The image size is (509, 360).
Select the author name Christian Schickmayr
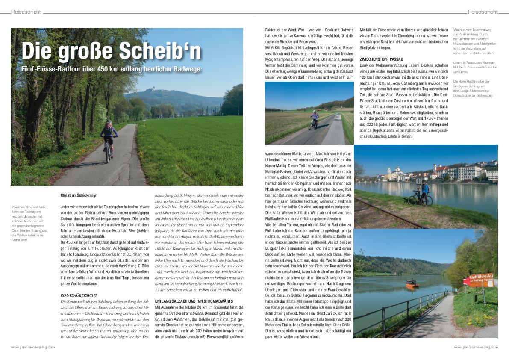(x=79, y=195)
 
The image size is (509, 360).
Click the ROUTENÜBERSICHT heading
(x=79, y=295)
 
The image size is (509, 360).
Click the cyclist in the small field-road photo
(x=314, y=120)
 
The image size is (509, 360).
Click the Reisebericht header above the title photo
(x=26, y=12)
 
